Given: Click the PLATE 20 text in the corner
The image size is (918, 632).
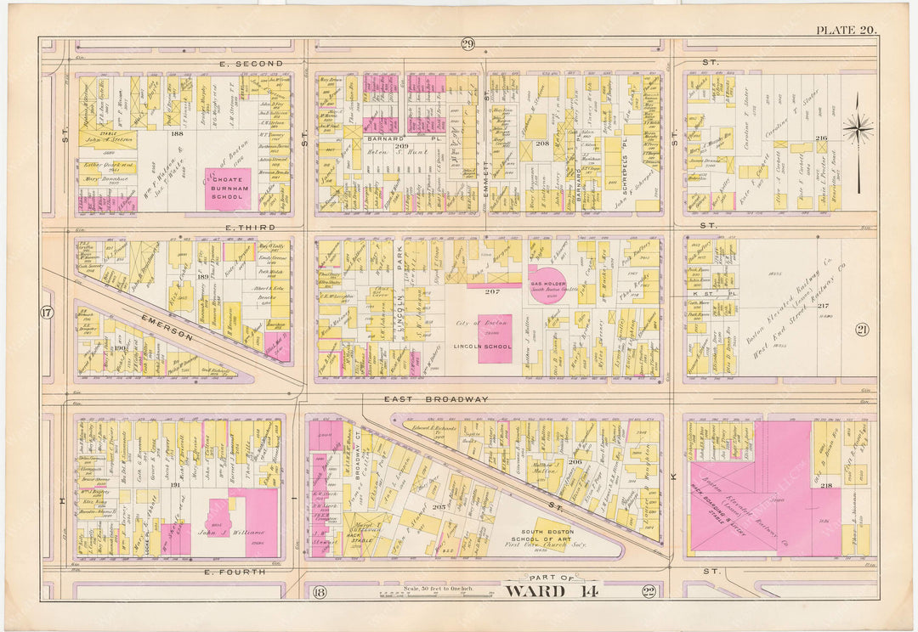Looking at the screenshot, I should [847, 30].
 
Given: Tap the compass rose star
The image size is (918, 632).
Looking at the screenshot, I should [858, 130].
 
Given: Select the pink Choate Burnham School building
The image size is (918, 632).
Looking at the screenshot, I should [228, 189].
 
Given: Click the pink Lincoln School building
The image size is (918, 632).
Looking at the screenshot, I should [495, 339].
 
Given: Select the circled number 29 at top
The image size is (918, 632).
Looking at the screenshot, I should [467, 45].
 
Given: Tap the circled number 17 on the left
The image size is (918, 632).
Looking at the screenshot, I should [47, 313].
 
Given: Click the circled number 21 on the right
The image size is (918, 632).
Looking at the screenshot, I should [862, 330].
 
